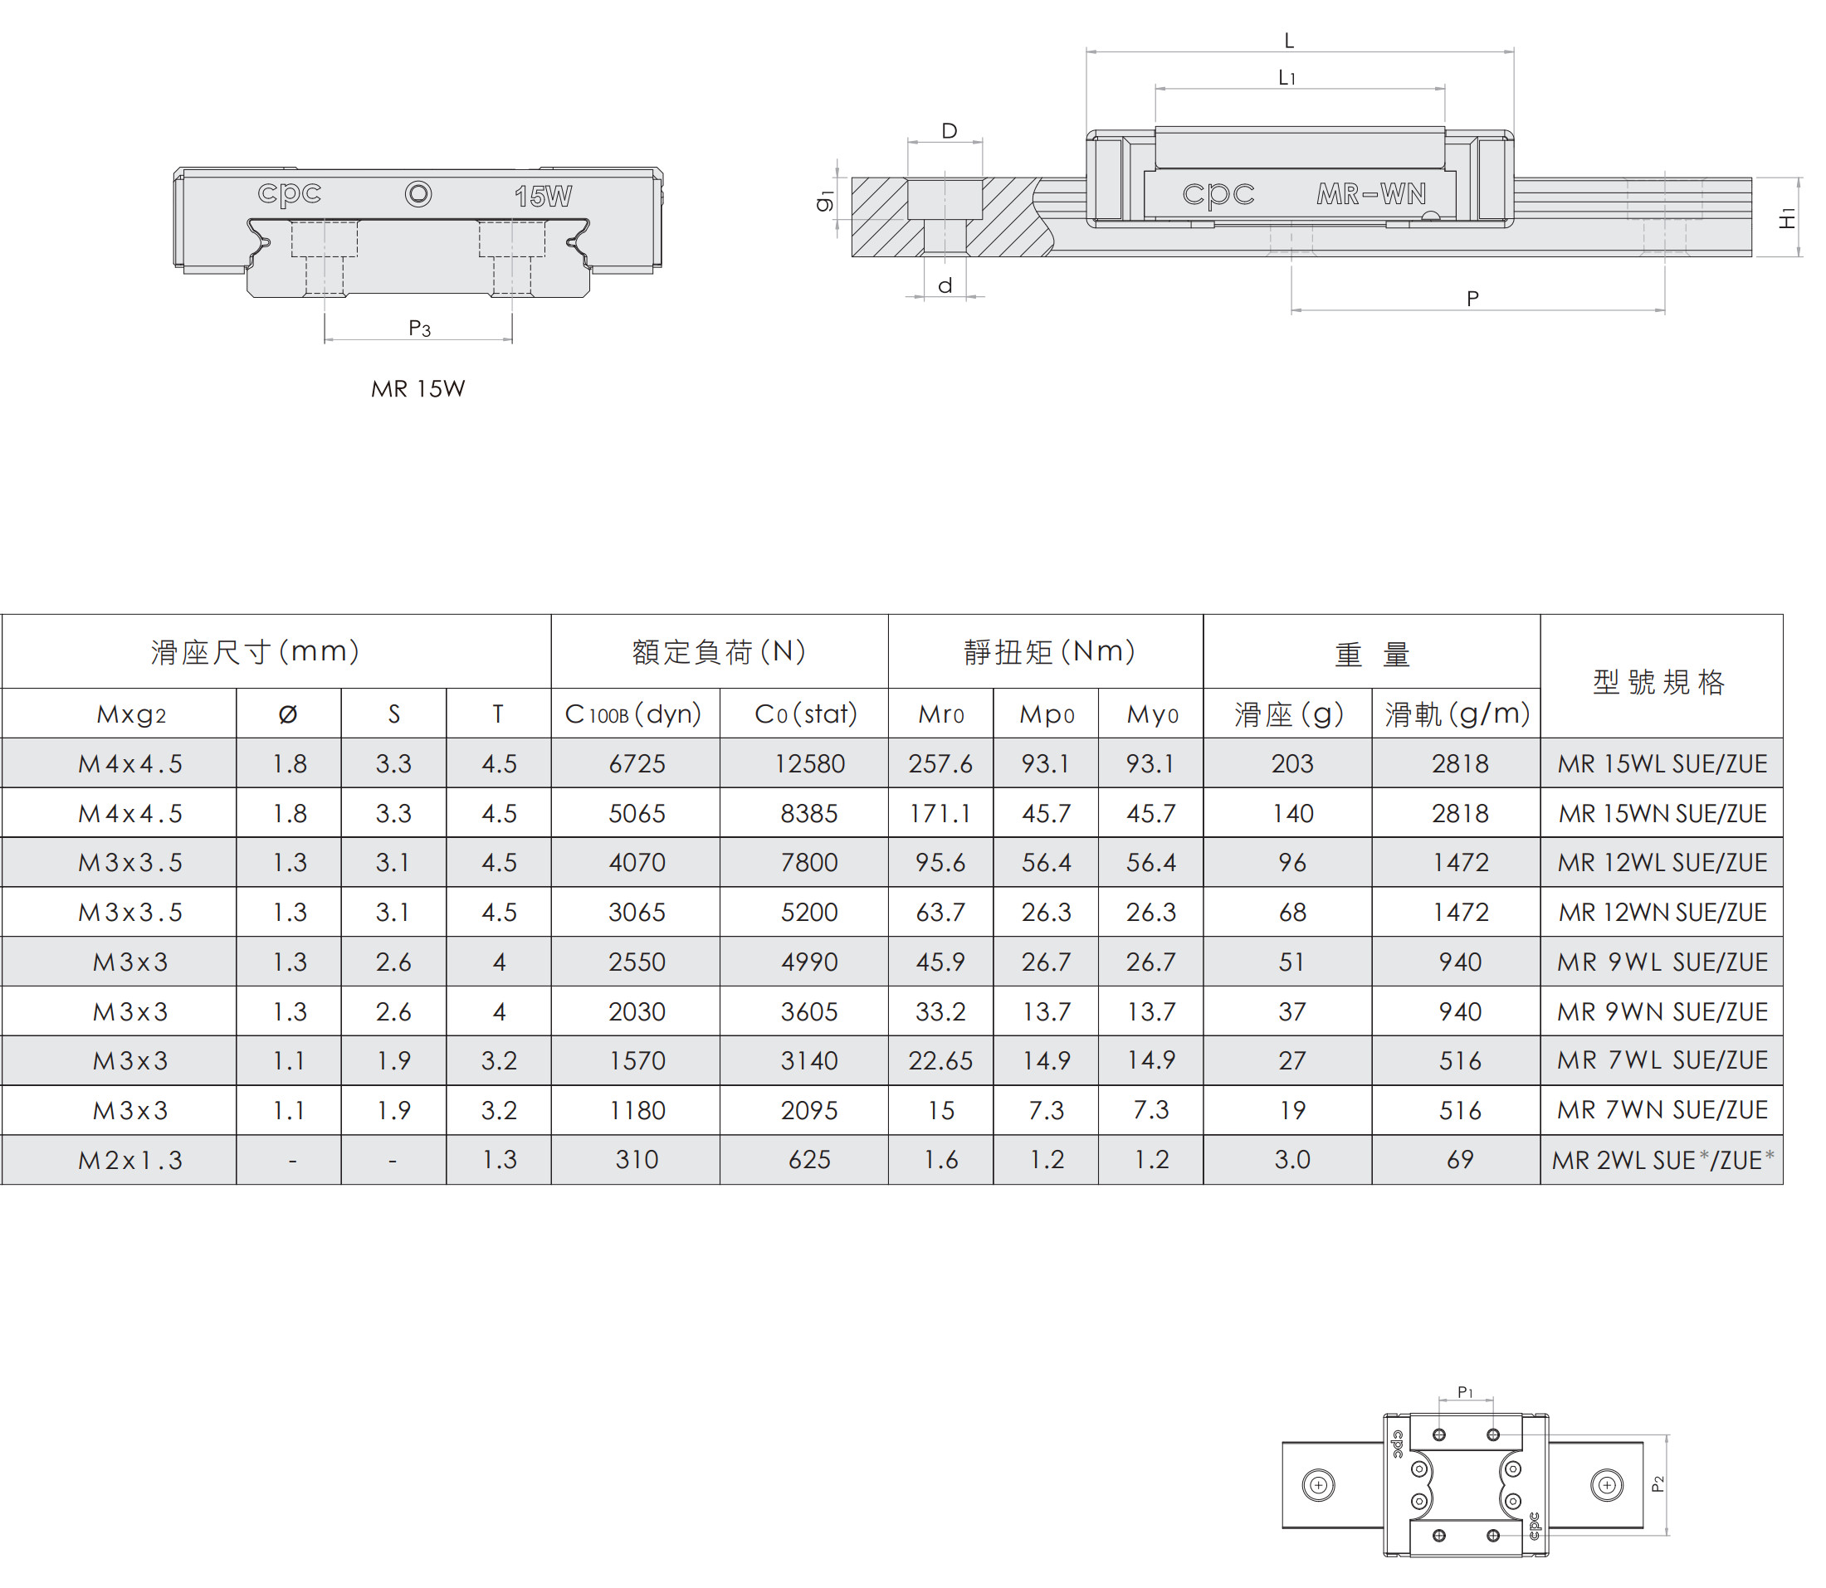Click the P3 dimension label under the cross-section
pos(419,329)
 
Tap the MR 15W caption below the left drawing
pos(417,388)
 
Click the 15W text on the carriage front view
pos(543,196)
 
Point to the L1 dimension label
pos(1287,78)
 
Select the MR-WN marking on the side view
pos(1371,193)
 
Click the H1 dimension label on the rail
pos(1787,218)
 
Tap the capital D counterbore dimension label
pos(950,131)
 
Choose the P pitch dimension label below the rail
pos(1472,299)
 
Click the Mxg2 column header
pos(131,714)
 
